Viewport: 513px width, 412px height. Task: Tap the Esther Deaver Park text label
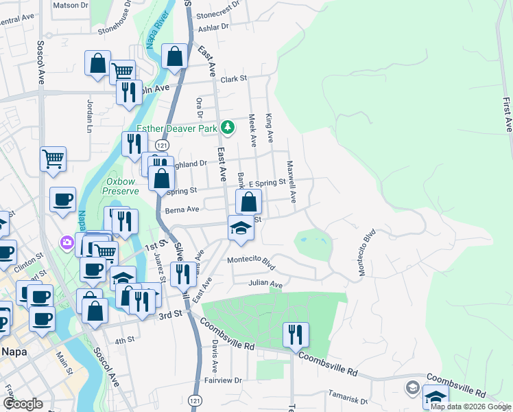(x=177, y=128)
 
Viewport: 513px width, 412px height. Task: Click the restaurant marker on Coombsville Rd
(x=296, y=335)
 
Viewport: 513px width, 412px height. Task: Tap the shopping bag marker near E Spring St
(x=248, y=202)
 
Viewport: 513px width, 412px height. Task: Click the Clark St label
(x=234, y=79)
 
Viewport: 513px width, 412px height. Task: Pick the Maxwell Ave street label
(x=291, y=182)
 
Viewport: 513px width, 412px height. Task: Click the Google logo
(x=23, y=403)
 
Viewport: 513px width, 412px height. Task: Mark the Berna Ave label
(x=182, y=209)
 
